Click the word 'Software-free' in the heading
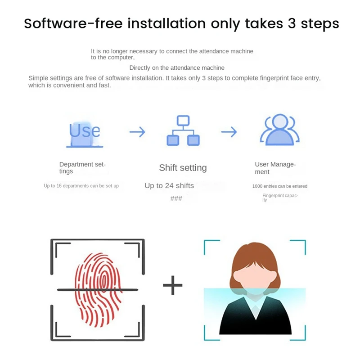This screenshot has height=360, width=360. click(x=73, y=23)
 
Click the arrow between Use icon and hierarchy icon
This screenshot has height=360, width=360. click(x=137, y=132)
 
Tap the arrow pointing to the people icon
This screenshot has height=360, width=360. click(x=229, y=132)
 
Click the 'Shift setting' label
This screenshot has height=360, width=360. click(x=183, y=168)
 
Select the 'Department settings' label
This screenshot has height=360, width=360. click(x=82, y=168)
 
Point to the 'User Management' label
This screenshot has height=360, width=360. click(x=275, y=168)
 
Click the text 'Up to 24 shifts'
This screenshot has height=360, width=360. click(x=169, y=185)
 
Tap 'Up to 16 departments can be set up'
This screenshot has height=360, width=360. click(x=81, y=186)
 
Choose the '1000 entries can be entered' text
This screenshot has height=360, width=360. click(x=280, y=186)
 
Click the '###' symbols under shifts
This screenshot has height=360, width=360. click(x=176, y=198)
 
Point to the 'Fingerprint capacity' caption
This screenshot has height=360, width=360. click(x=280, y=197)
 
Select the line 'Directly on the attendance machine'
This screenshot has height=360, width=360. click(x=177, y=68)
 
